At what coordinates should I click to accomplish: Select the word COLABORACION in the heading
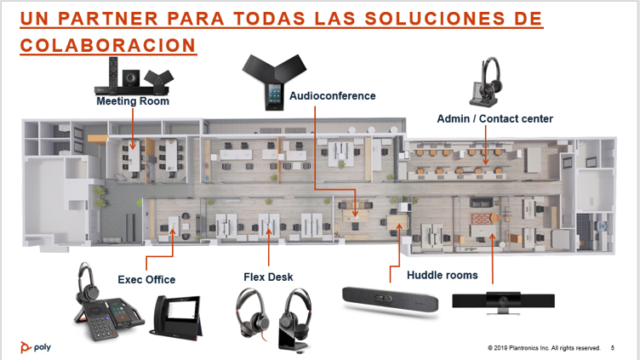point(108,45)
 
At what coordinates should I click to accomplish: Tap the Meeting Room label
point(133,101)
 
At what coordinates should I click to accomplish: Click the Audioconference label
point(332,96)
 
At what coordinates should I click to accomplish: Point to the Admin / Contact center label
point(494,118)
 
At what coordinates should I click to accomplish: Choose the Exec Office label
point(146,280)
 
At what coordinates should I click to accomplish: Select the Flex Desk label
point(268,277)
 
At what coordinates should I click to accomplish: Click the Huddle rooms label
point(442,275)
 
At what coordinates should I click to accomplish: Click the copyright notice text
point(544,348)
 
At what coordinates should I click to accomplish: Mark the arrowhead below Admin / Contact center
point(485,158)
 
